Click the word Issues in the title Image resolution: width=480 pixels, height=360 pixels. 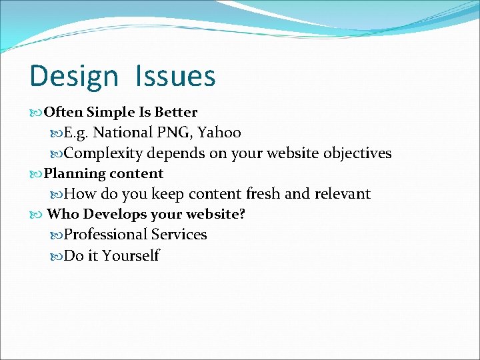click(175, 77)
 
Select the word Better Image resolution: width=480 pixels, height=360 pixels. click(175, 113)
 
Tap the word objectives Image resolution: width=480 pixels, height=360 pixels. click(357, 153)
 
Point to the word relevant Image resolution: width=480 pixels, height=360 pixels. click(343, 194)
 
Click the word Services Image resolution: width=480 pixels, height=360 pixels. click(179, 235)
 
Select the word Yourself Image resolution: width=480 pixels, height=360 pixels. click(131, 255)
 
